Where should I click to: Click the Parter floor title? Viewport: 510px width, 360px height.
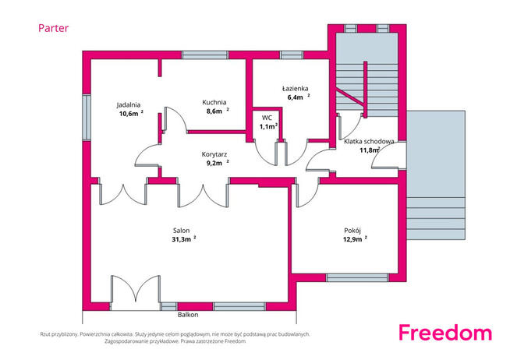tap(53, 28)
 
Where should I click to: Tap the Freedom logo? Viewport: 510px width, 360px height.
tap(445, 333)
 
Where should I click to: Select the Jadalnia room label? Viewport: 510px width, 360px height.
tap(129, 104)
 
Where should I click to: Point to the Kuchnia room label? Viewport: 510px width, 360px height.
tap(214, 102)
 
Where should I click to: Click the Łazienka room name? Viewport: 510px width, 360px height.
tap(296, 88)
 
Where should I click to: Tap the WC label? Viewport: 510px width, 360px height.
tap(267, 118)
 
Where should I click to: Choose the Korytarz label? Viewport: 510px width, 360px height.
tap(214, 154)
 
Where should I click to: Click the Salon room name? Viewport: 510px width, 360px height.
tap(181, 231)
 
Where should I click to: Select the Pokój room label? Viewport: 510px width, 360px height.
tap(352, 231)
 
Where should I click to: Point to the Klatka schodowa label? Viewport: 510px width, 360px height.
tap(369, 141)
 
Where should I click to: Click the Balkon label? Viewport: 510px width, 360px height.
tap(188, 315)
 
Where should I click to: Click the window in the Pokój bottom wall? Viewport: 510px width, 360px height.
tap(357, 278)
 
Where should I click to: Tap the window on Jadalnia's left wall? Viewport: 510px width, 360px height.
tap(87, 118)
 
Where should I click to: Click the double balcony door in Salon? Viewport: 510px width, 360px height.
tap(136, 292)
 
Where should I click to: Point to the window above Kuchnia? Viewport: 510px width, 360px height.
tap(204, 55)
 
